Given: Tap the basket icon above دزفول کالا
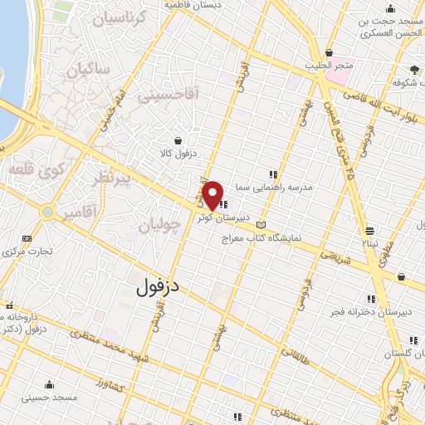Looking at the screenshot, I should click(179, 141).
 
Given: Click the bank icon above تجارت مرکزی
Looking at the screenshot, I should click(26, 237).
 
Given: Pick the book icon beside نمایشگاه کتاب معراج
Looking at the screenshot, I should click(262, 225).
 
